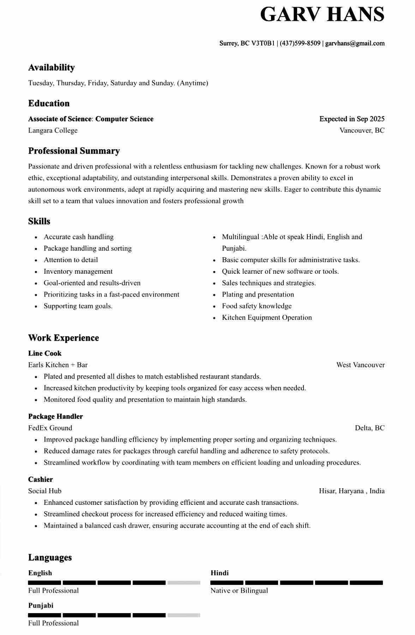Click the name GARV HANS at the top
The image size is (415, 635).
click(x=322, y=15)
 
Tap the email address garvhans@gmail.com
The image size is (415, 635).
click(x=355, y=43)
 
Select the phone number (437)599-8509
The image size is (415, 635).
click(x=300, y=43)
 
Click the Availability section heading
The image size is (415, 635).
click(x=52, y=67)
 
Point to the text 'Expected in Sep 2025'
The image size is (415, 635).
click(x=352, y=119)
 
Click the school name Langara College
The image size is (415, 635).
click(x=53, y=131)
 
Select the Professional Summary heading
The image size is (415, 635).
click(x=74, y=151)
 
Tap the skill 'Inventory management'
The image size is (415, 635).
click(x=78, y=272)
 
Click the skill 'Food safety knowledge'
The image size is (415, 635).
click(x=257, y=306)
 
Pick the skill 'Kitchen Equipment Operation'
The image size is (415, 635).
click(x=267, y=317)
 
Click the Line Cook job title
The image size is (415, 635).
click(x=45, y=353)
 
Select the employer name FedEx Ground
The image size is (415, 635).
click(x=50, y=428)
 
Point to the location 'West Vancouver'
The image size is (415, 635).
click(x=360, y=365)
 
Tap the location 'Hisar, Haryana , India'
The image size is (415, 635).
click(x=351, y=491)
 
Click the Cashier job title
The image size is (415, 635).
click(x=41, y=479)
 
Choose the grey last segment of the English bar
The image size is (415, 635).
click(x=184, y=583)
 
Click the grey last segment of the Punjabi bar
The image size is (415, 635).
click(x=184, y=615)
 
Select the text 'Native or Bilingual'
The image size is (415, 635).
click(x=239, y=591)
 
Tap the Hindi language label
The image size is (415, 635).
click(x=219, y=573)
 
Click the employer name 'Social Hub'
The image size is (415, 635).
click(x=45, y=491)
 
